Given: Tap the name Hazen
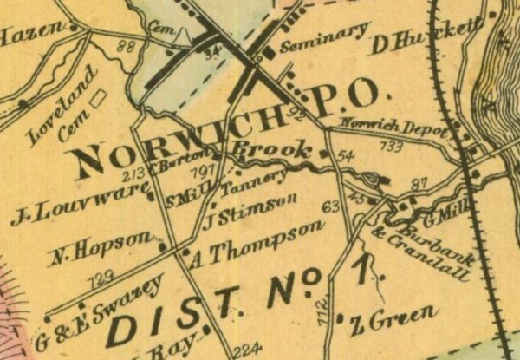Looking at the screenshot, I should tap(33, 37).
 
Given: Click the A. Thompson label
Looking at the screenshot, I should tap(257, 242).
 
